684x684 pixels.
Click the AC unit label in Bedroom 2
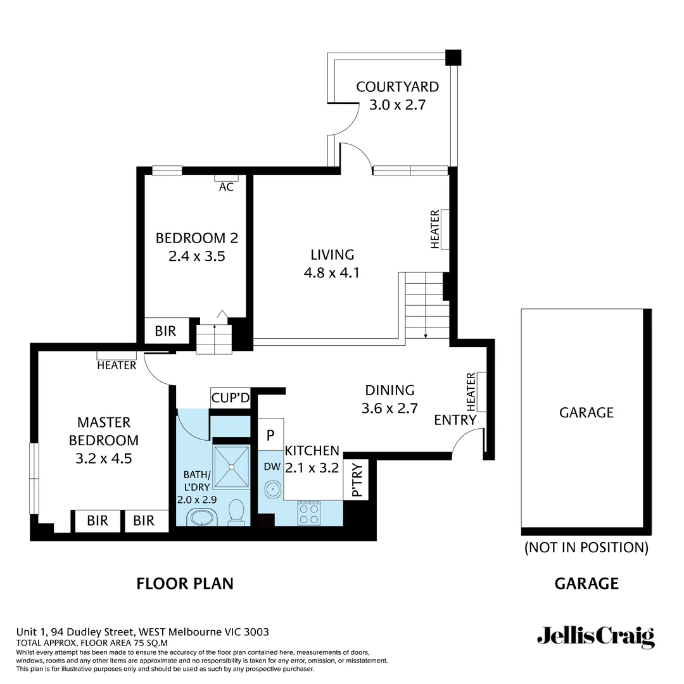226,187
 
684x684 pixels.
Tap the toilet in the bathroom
236,512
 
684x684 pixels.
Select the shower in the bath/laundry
232,467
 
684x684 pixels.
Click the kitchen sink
273,489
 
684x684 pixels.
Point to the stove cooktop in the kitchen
309,512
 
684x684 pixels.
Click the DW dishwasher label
272,467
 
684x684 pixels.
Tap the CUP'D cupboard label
231,398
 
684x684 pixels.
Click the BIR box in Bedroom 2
165,331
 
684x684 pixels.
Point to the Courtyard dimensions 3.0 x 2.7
397,104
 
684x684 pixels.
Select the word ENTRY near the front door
455,420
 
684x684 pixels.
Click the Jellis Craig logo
595,636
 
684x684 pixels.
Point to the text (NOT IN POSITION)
586,547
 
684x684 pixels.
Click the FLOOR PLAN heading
185,583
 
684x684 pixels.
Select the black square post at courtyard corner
453,58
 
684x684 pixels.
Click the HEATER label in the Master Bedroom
117,365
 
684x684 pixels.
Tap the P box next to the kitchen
270,435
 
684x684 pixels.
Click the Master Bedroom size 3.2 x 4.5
103,459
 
